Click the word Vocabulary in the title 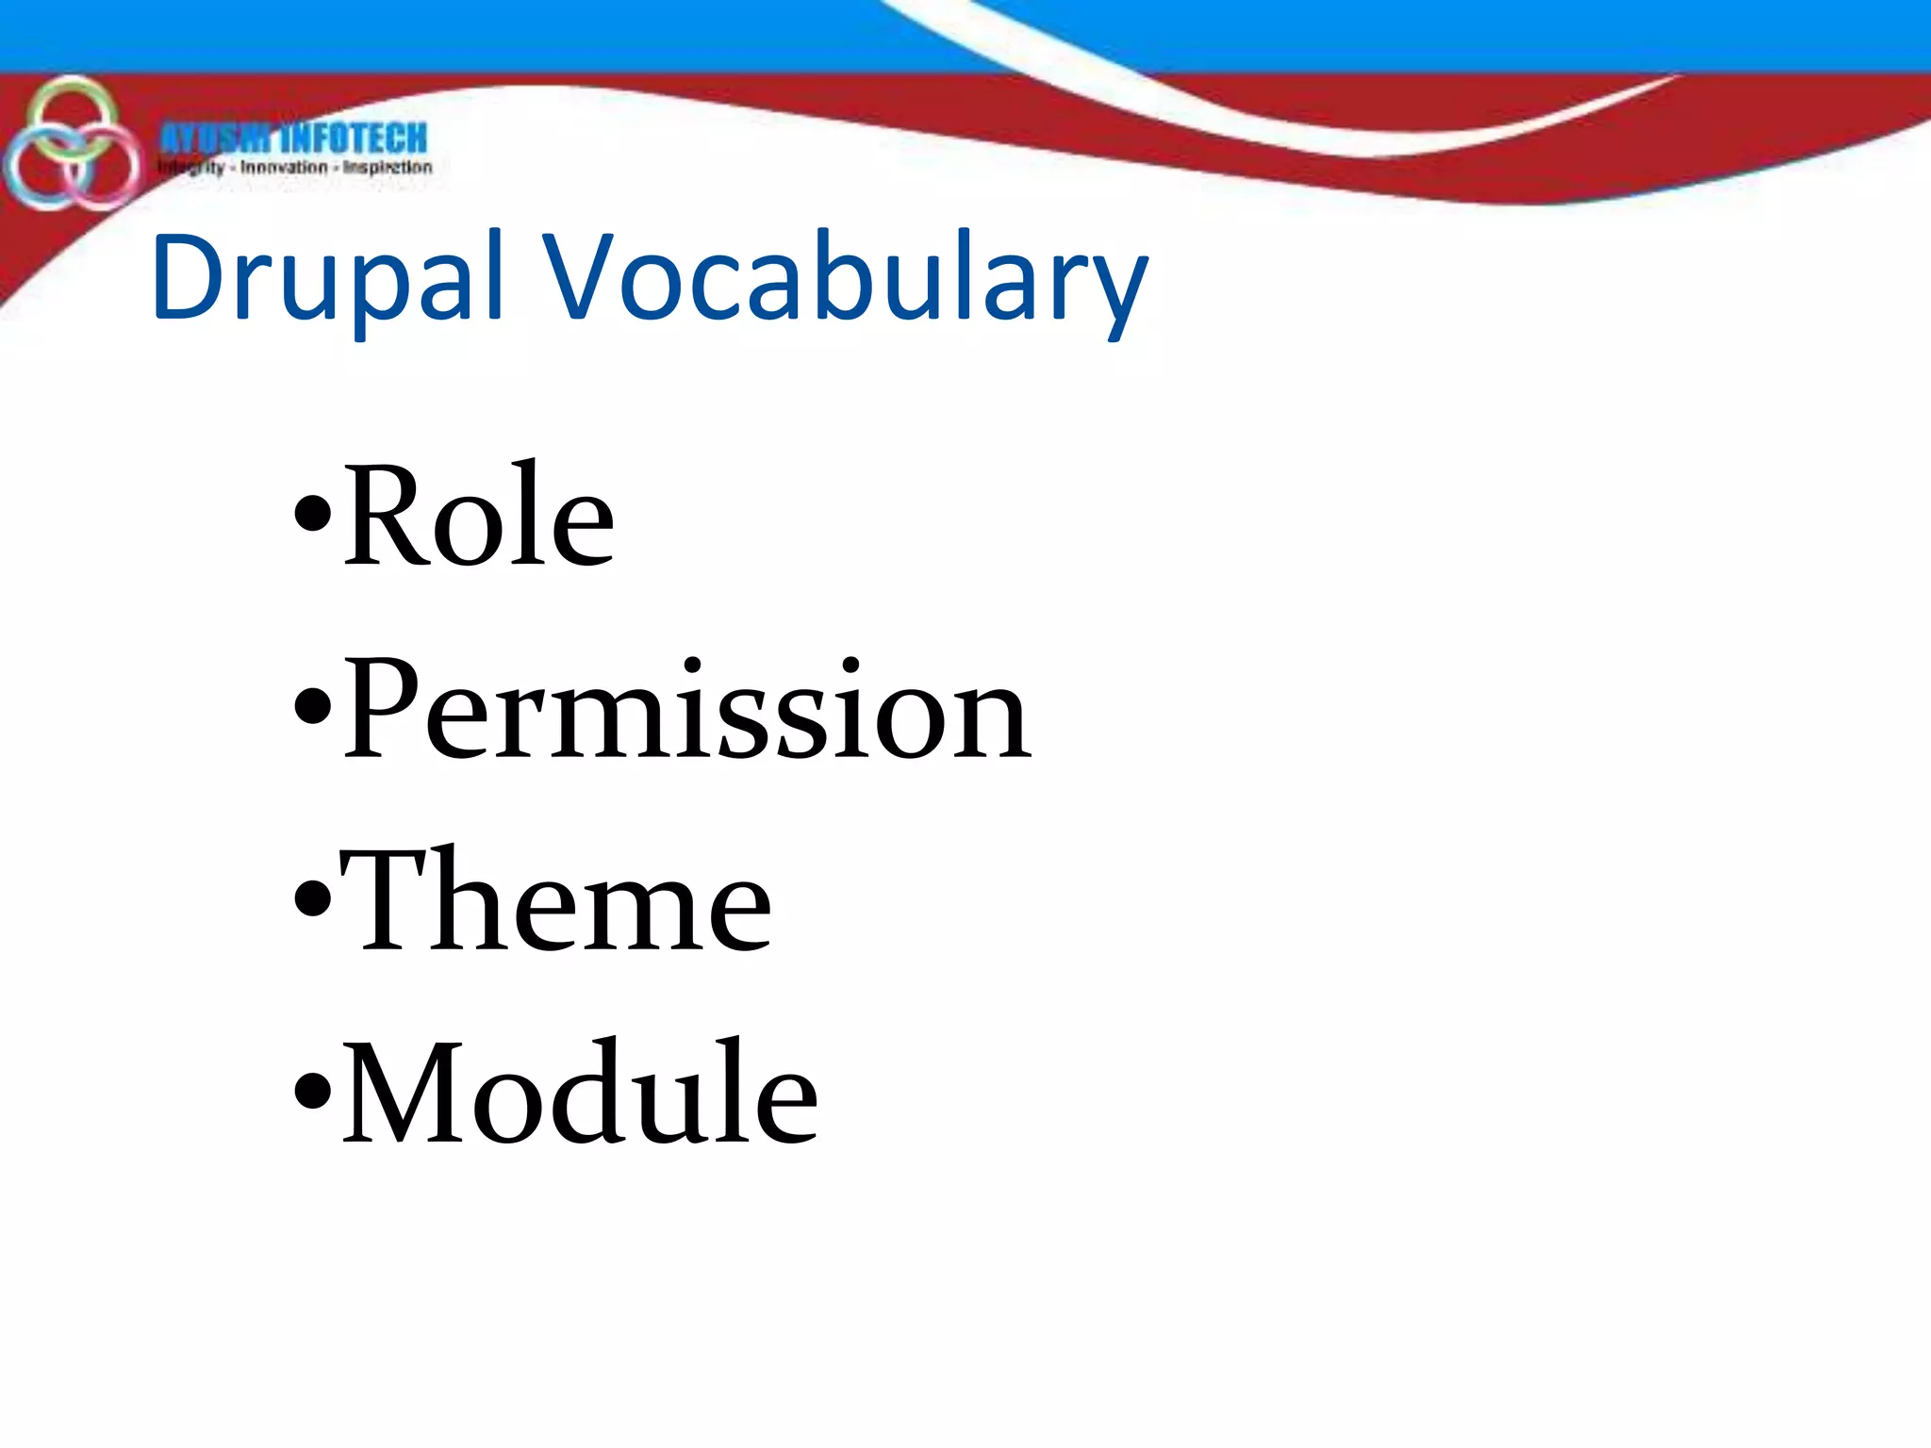tap(845, 279)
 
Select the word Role tap(479, 517)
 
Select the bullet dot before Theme tap(312, 898)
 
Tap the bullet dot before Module tap(312, 1092)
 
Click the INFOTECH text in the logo tap(354, 139)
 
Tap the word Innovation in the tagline tap(283, 168)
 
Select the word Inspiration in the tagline tap(387, 168)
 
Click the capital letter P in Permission tap(380, 709)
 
